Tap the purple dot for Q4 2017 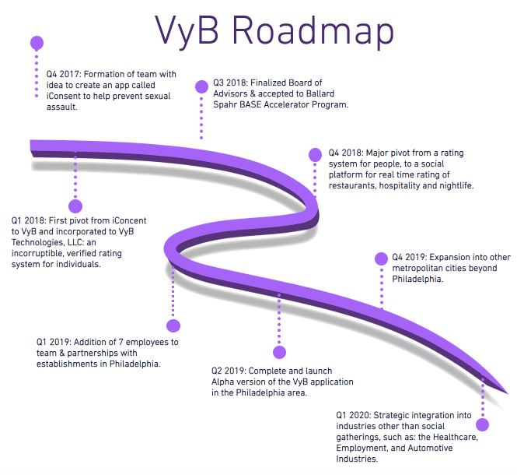(x=36, y=41)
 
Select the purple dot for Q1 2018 (x=75, y=206)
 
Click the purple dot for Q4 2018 (x=315, y=154)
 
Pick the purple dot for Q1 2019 (x=173, y=325)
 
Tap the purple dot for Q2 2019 (x=279, y=352)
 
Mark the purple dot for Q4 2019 (x=381, y=259)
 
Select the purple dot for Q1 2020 (x=484, y=424)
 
